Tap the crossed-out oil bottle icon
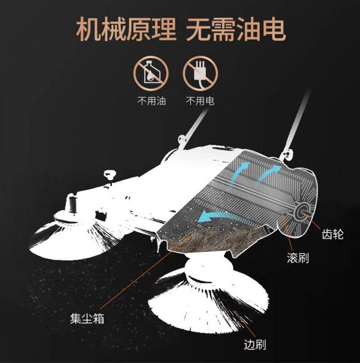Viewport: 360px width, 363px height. coord(151,73)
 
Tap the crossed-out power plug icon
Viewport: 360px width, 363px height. coord(200,73)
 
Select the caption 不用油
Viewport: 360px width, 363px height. coord(152,101)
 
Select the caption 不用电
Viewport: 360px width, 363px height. coord(200,101)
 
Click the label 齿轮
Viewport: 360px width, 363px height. coord(333,234)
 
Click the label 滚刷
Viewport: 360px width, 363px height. coord(298,258)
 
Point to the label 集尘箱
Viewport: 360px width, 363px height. coord(87,318)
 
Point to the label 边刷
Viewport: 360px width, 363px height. coord(255,345)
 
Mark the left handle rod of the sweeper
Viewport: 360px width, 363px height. coord(194,126)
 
